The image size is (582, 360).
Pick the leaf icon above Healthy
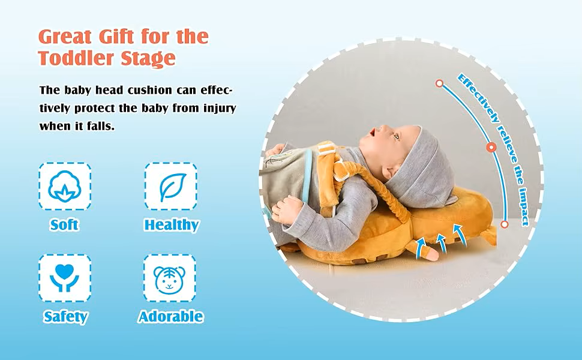(171, 187)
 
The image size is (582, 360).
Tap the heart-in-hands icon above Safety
(65, 278)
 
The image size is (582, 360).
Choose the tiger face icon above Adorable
(169, 279)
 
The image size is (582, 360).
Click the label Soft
(64, 225)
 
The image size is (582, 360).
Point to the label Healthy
(172, 225)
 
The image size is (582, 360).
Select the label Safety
(65, 317)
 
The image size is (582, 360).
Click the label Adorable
(171, 317)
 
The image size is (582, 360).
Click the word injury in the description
(220, 109)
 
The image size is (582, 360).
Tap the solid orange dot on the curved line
(491, 148)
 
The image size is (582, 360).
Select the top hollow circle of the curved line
(439, 83)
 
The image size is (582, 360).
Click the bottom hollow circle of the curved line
(504, 224)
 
